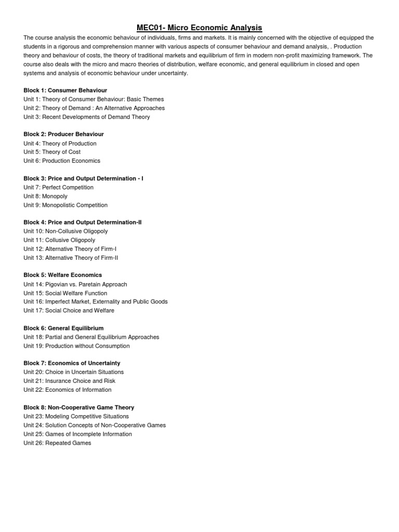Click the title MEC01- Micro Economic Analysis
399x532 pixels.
coord(199,28)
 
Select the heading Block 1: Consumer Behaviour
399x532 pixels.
coord(65,90)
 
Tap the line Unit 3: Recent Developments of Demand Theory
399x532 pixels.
coord(87,117)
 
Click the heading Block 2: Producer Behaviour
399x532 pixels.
coord(63,134)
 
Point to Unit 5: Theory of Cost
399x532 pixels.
coord(52,152)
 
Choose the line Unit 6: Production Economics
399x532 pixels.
coord(62,161)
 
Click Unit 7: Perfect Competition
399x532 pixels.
coord(58,187)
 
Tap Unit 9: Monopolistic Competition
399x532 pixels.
coord(65,205)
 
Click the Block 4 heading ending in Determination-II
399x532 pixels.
coord(83,222)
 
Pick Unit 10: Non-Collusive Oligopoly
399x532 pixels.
coord(65,231)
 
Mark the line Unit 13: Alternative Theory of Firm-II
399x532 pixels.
coord(71,257)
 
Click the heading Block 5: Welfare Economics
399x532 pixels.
coord(62,275)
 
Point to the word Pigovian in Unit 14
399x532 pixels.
coord(58,284)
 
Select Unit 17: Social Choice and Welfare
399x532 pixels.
coord(69,310)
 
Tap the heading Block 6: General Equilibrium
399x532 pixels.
coord(63,328)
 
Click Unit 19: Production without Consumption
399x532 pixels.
coord(76,345)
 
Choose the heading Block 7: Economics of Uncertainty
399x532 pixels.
coord(72,363)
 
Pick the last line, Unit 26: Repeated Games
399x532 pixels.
coord(57,443)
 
